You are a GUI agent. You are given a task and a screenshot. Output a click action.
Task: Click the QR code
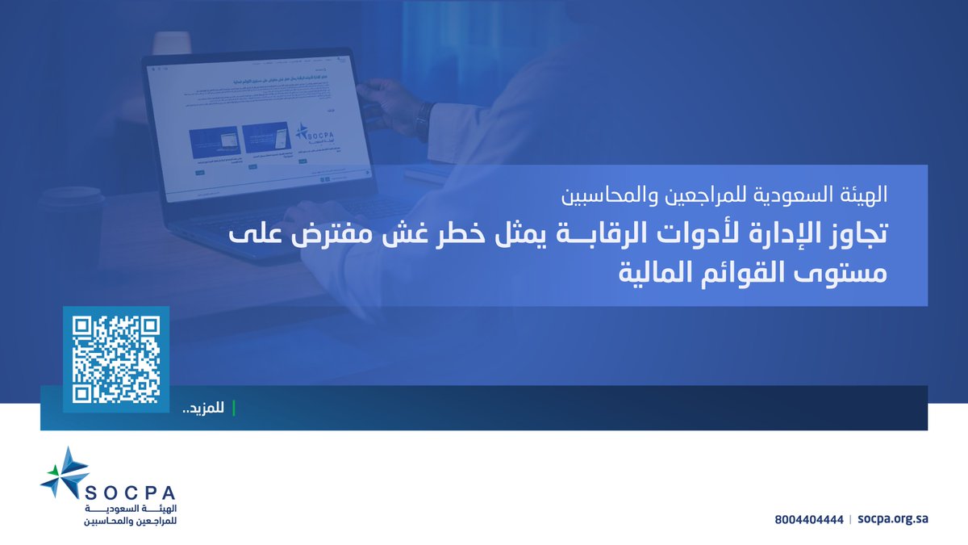pos(116,359)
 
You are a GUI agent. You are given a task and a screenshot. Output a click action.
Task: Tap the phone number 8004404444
pos(807,520)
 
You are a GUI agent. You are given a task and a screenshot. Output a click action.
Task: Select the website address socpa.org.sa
pos(893,520)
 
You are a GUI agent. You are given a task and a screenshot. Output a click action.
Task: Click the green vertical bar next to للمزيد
pos(234,408)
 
